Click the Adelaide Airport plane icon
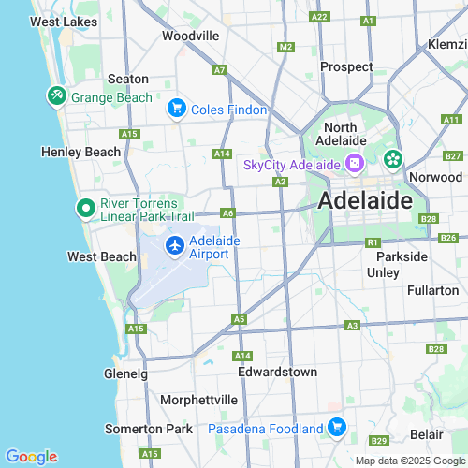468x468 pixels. [174, 245]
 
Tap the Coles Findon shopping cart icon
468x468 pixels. [175, 110]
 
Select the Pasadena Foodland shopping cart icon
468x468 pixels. [337, 428]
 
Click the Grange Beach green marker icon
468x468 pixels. [56, 96]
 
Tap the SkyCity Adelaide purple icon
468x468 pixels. [355, 165]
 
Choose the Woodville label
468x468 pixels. [190, 36]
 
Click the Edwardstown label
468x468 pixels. [277, 372]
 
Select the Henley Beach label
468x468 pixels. [81, 152]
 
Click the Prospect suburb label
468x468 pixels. [346, 66]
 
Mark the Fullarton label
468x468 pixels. [432, 290]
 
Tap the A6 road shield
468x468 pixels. [227, 213]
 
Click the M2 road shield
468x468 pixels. [286, 47]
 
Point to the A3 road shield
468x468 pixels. [352, 325]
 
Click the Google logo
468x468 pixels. [31, 457]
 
